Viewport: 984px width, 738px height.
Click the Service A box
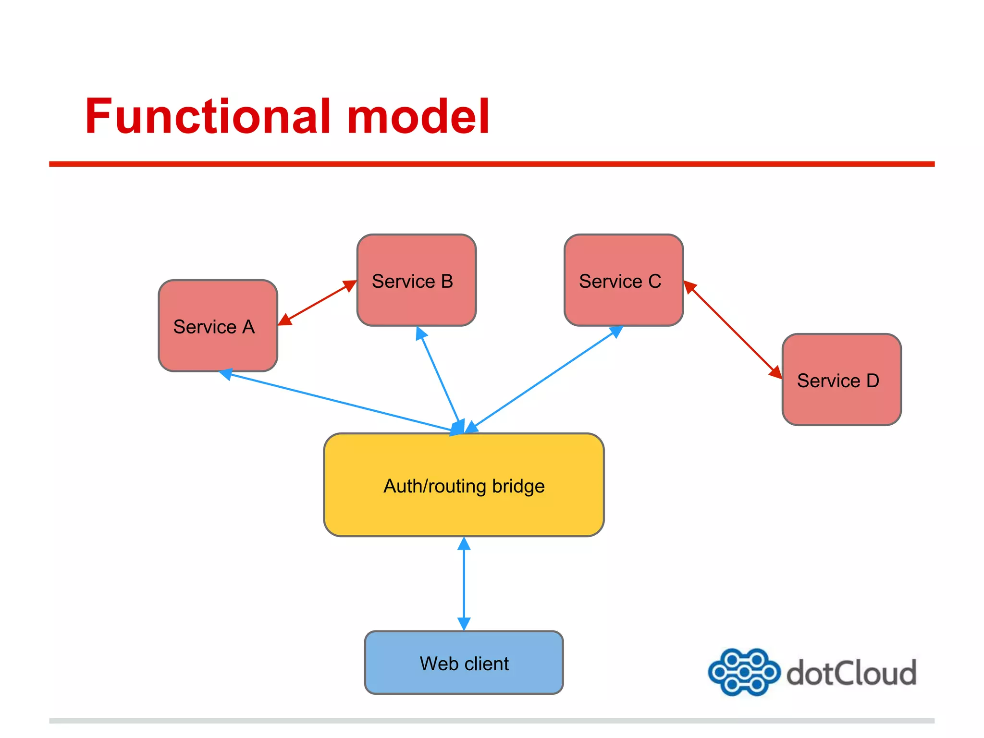pos(218,326)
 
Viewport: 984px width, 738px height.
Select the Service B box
pos(416,280)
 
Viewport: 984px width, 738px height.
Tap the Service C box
pos(623,280)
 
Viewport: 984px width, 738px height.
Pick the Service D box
pos(841,380)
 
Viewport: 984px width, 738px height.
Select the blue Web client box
pos(464,663)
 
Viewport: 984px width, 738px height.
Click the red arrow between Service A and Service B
pos(317,303)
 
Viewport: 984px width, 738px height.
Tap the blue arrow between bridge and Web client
pos(464,583)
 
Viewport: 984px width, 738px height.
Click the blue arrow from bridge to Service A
pos(336,401)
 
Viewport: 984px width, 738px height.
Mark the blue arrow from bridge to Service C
pos(543,380)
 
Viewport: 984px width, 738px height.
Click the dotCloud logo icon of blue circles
pos(743,672)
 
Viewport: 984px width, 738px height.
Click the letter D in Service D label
pos(873,381)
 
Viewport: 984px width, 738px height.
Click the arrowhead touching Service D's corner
pos(775,372)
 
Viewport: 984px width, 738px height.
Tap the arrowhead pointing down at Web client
pos(464,623)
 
